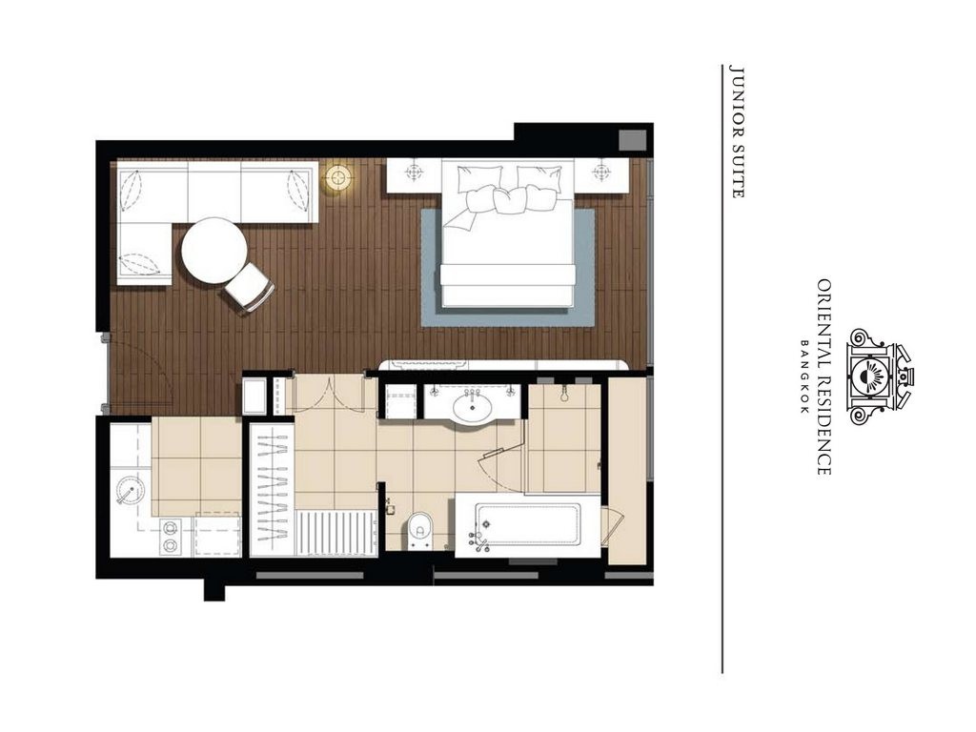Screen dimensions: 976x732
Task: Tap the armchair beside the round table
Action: pyautogui.click(x=249, y=287)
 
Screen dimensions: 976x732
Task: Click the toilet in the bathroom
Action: pyautogui.click(x=420, y=531)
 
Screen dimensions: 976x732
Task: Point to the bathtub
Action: pyautogui.click(x=528, y=523)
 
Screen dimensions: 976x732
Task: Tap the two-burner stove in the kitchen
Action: pyautogui.click(x=170, y=537)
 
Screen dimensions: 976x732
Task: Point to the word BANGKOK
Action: pyautogui.click(x=803, y=376)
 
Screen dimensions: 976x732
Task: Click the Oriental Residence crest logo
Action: pyautogui.click(x=880, y=376)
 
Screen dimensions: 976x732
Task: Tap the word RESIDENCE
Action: pyautogui.click(x=824, y=424)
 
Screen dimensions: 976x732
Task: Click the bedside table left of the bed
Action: pyautogui.click(x=414, y=176)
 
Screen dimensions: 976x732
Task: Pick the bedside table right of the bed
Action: pyautogui.click(x=601, y=176)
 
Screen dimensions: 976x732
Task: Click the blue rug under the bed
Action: pyautogui.click(x=508, y=268)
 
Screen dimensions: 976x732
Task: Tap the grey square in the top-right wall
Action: pyautogui.click(x=629, y=139)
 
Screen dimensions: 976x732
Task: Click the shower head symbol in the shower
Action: pyautogui.click(x=564, y=394)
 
